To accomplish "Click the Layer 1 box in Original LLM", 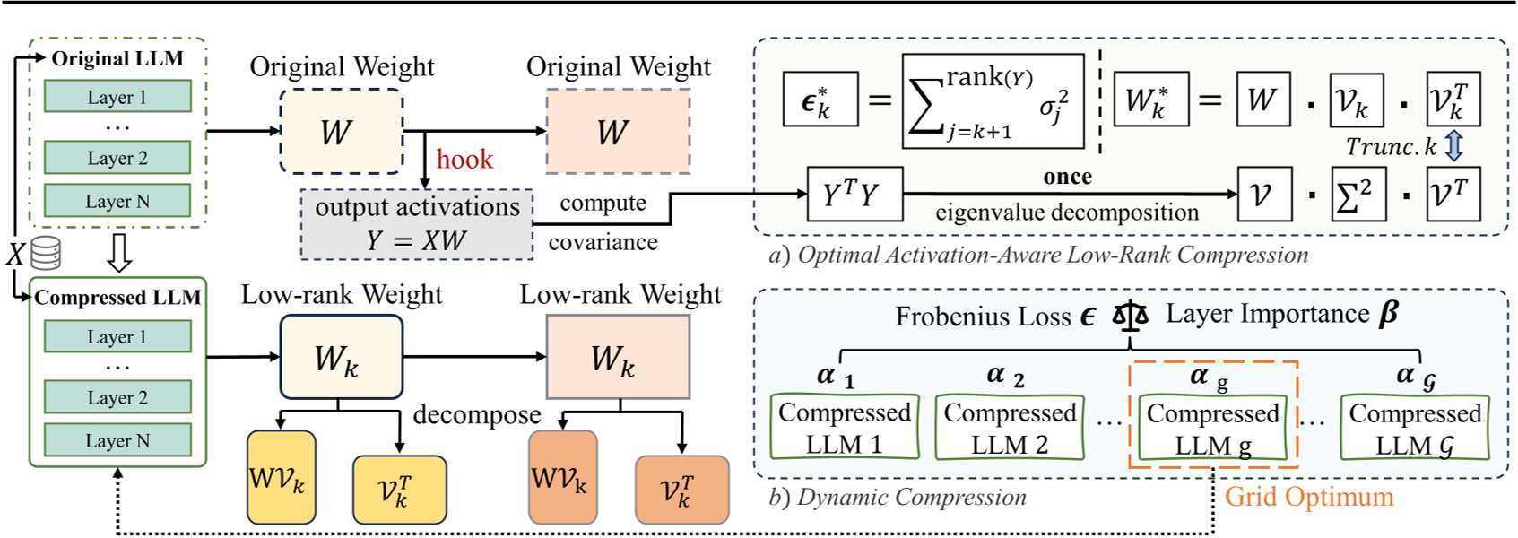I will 117,97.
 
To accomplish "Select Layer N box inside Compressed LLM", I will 117,440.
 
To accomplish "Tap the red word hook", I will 464,160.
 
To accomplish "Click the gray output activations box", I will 417,224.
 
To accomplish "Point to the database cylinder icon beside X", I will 46,253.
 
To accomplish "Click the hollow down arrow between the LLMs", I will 119,253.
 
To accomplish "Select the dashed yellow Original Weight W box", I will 341,132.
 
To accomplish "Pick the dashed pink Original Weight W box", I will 618,132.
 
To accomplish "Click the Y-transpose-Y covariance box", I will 854,194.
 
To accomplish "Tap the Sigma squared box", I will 1357,194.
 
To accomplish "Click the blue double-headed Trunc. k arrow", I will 1454,145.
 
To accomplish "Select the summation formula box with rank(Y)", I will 993,101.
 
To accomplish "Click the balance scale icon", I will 1130,316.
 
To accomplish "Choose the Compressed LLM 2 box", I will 1010,428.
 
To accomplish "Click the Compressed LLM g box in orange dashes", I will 1212,428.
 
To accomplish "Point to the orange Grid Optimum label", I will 1309,497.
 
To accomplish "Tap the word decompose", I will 476,415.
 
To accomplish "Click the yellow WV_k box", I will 281,477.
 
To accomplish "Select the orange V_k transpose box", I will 681,490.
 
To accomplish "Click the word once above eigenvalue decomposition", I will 1067,177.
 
